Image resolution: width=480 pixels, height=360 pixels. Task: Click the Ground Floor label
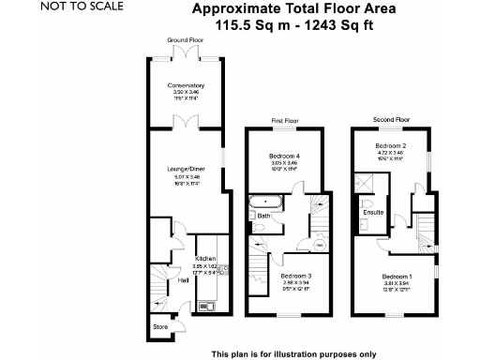click(184, 41)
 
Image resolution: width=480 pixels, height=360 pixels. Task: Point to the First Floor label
click(284, 121)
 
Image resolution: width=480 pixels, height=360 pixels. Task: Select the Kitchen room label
click(205, 258)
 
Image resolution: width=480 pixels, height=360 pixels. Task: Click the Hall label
click(184, 280)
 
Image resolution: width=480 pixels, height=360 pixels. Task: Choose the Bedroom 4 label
click(284, 155)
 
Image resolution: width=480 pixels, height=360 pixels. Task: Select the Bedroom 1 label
click(396, 277)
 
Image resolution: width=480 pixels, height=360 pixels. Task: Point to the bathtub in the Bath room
click(266, 202)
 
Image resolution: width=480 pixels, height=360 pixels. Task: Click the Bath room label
click(264, 217)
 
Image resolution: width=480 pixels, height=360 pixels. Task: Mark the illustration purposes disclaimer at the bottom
click(293, 353)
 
